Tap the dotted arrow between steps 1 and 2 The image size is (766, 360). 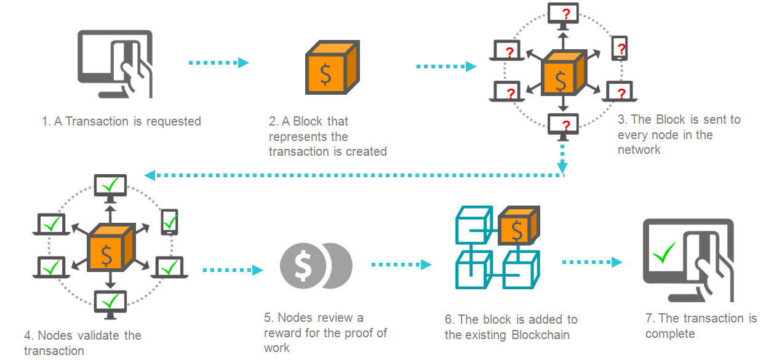click(x=218, y=62)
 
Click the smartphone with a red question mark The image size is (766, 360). click(x=620, y=48)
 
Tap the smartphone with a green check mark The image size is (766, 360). click(x=169, y=222)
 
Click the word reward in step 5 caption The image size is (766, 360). click(x=282, y=333)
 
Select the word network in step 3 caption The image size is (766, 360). click(x=639, y=150)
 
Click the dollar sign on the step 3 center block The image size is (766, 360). click(x=561, y=79)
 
